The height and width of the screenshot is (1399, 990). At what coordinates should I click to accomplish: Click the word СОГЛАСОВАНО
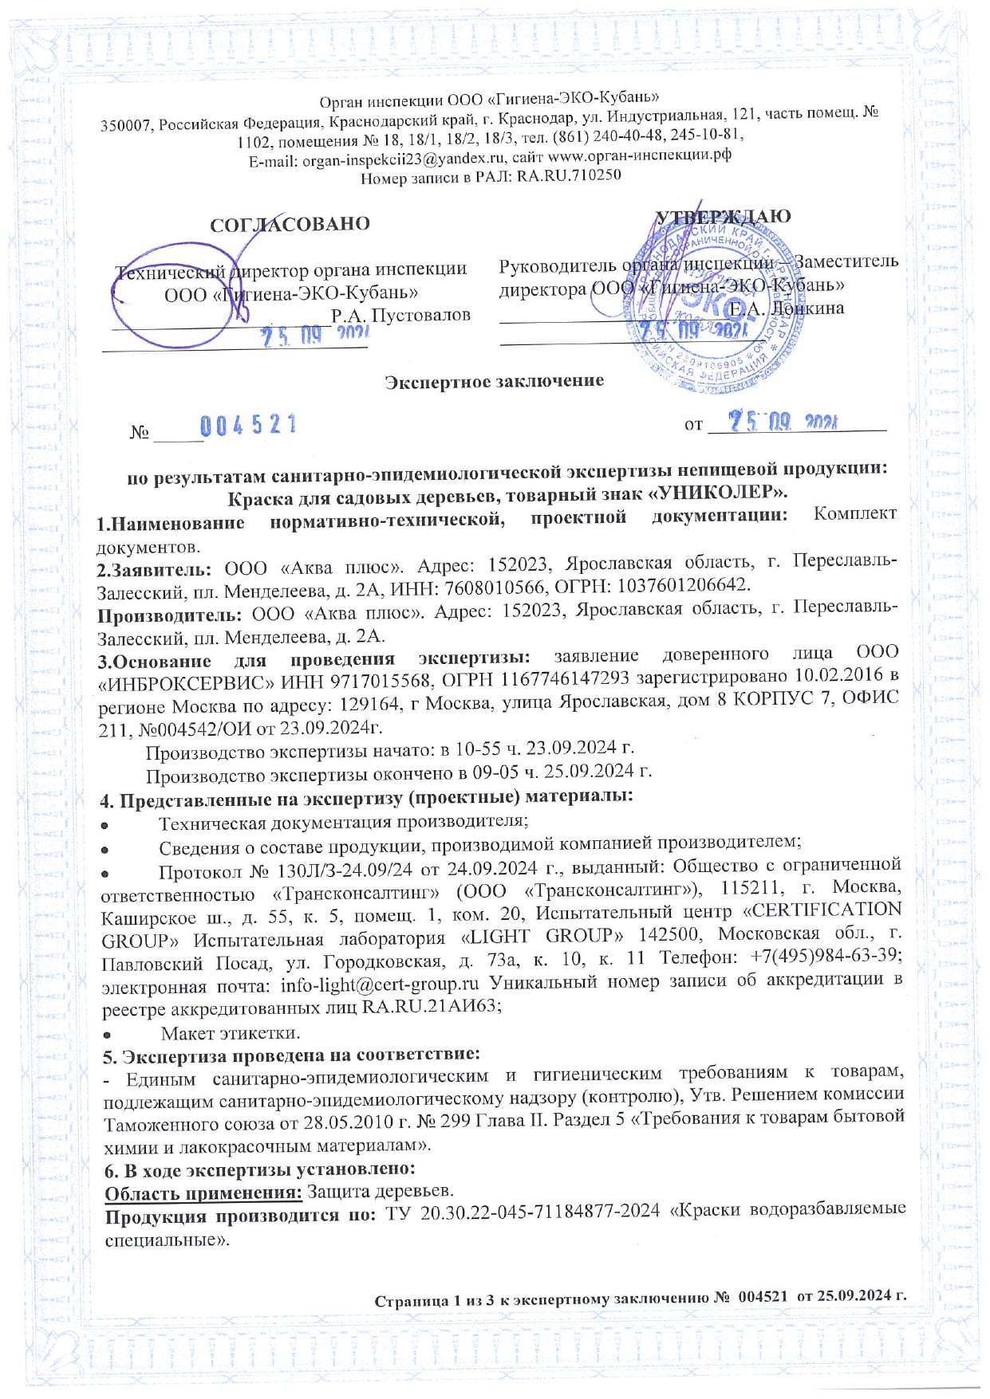pyautogui.click(x=290, y=224)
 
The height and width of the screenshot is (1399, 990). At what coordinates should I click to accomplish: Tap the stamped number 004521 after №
pyautogui.click(x=248, y=426)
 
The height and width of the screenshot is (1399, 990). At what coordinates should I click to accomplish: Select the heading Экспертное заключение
pyautogui.click(x=494, y=382)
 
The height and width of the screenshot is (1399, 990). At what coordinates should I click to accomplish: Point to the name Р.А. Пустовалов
pyautogui.click(x=400, y=316)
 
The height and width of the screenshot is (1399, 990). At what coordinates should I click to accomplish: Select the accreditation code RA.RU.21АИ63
pyautogui.click(x=432, y=1007)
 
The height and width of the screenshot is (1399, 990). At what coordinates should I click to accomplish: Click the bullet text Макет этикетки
pyautogui.click(x=230, y=1034)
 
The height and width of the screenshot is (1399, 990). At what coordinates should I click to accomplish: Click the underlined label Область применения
pyautogui.click(x=203, y=1192)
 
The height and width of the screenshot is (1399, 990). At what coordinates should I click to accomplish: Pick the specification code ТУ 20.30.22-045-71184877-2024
pyautogui.click(x=523, y=1210)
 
